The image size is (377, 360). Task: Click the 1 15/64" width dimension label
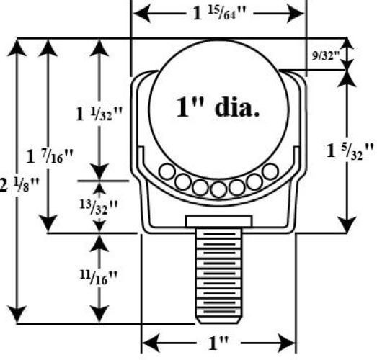pos(219,14)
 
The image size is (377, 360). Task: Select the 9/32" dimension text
pos(326,55)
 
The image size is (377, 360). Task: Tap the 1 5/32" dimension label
pos(350,151)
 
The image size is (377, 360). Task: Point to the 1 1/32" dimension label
pos(99,113)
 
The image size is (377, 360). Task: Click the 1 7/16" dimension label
pos(49,156)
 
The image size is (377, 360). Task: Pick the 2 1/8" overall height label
pos(19,184)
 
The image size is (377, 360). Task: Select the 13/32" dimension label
pos(99,207)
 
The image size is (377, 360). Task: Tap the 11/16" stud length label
pos(99,278)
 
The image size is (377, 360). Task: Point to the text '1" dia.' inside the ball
pos(218,107)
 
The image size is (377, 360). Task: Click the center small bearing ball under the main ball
pos(218,189)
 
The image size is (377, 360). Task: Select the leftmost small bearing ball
pos(167,171)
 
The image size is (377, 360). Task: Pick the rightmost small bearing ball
pos(270,171)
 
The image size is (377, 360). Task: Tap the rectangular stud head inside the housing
pos(219,221)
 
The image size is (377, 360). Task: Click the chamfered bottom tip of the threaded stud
pos(219,320)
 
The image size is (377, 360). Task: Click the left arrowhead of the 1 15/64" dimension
pos(142,14)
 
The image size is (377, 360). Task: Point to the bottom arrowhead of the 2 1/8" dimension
pos(17,315)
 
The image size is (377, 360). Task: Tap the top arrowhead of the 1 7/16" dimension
pos(48,48)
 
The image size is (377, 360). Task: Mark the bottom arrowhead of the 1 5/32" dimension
pos(347,225)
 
